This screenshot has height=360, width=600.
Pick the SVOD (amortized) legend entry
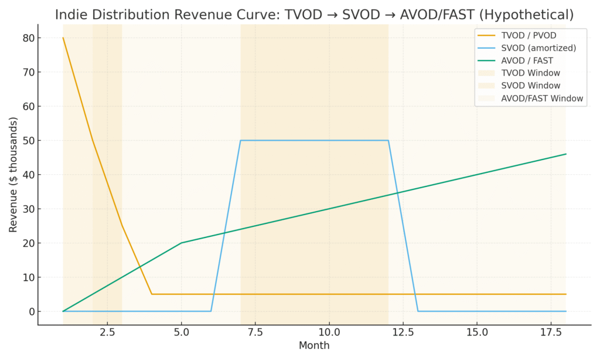click(536, 48)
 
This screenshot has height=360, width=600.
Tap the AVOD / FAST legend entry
click(527, 60)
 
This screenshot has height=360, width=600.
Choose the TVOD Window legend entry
click(530, 73)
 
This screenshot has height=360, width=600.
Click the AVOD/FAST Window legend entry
click(542, 99)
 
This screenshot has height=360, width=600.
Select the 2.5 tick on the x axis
click(107, 332)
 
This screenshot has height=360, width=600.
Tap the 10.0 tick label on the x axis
click(329, 332)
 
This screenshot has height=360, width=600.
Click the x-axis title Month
click(314, 346)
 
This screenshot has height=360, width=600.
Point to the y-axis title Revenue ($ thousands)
click(13, 175)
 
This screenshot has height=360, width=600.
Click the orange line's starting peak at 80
click(63, 38)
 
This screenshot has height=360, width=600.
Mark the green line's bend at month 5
click(181, 243)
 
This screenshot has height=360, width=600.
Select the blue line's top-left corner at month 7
click(240, 141)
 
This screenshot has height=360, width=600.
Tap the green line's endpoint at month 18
click(566, 154)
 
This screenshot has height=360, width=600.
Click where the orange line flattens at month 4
click(152, 294)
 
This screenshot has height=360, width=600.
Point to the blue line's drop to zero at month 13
click(418, 311)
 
